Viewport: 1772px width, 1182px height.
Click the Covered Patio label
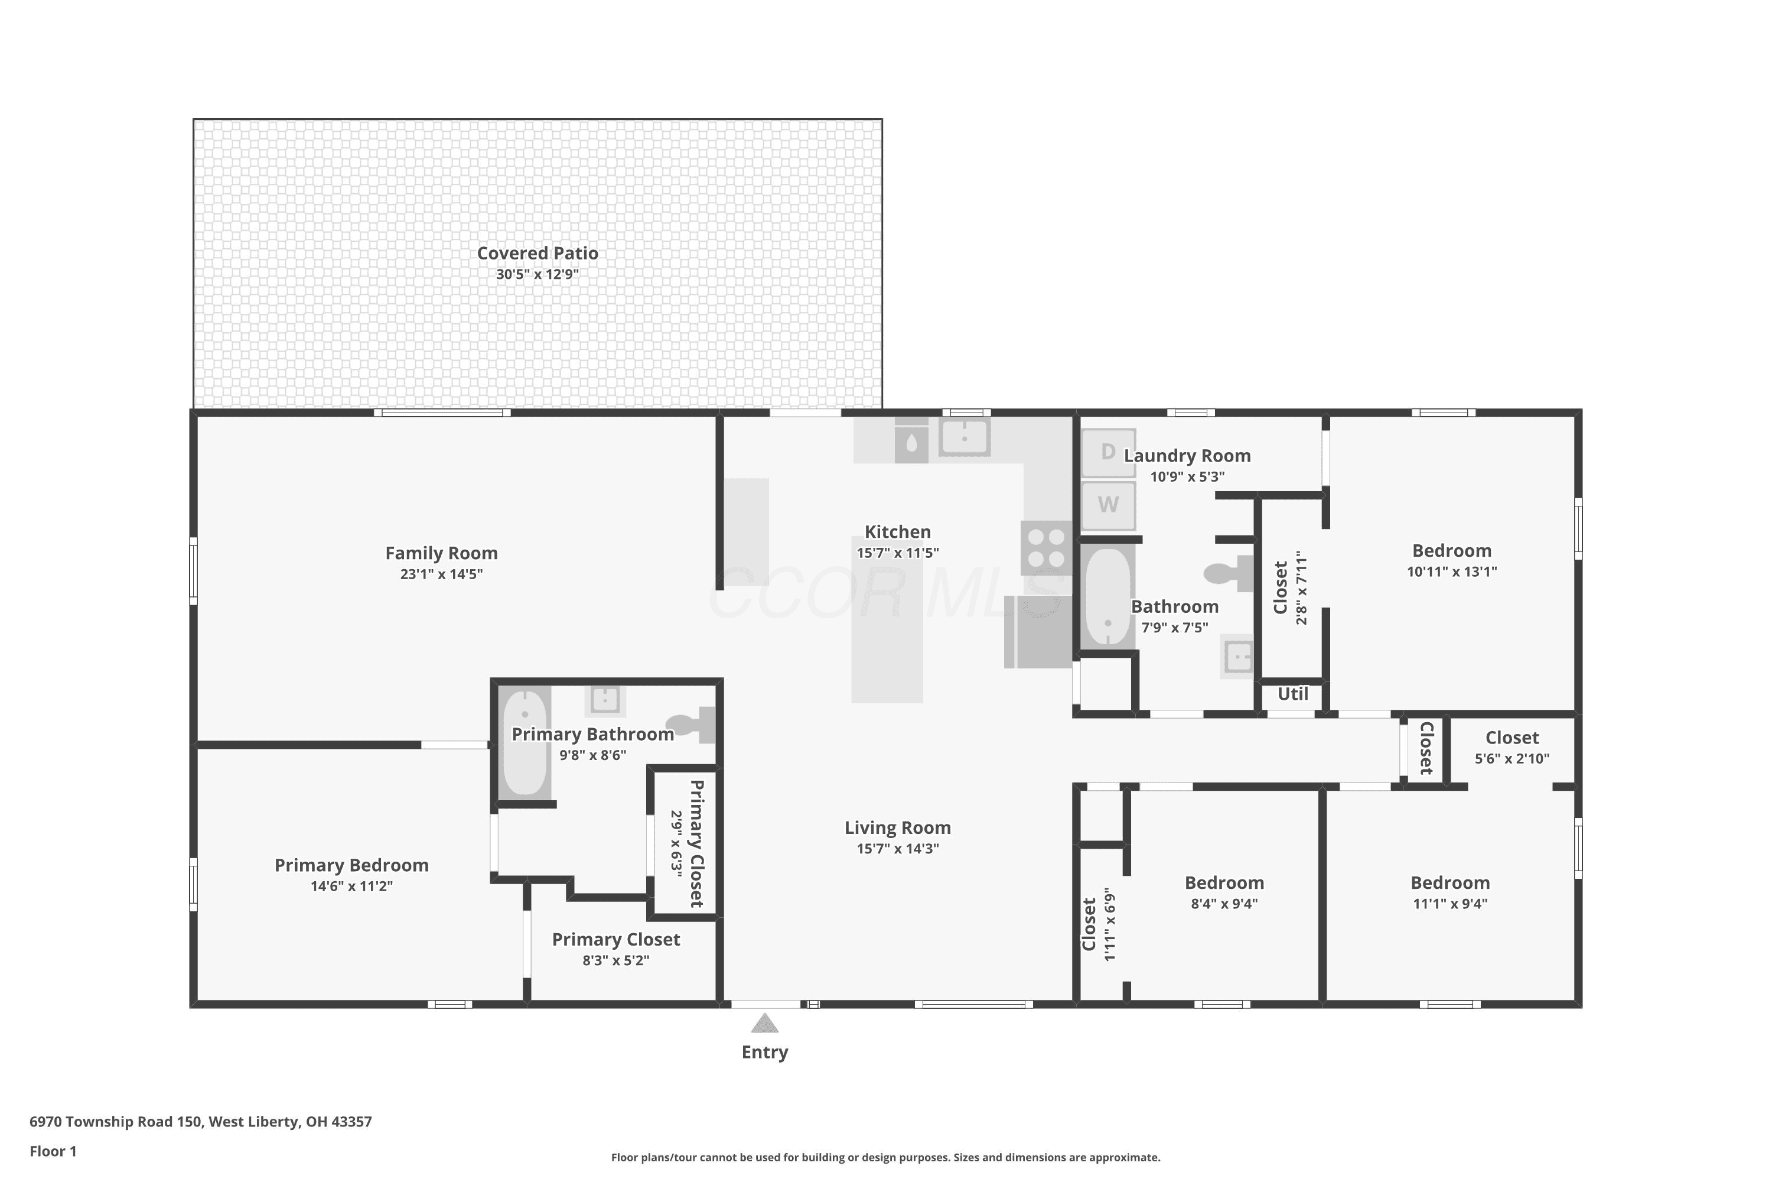tap(537, 254)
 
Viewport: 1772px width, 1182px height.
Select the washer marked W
tap(1108, 505)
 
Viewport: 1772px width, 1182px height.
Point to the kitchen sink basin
tap(965, 436)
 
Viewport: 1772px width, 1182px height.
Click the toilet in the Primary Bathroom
tap(691, 725)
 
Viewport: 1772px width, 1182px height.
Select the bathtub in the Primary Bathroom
tap(525, 742)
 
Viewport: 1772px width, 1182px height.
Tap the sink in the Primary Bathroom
tap(605, 700)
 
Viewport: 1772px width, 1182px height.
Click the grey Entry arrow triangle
tap(765, 1023)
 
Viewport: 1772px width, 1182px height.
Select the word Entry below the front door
tap(765, 1053)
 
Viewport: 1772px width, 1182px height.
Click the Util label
tap(1293, 693)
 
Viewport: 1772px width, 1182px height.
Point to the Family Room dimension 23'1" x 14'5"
tap(441, 574)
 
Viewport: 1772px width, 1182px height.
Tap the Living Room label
tap(897, 828)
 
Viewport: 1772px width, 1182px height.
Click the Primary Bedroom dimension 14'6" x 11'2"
tap(352, 886)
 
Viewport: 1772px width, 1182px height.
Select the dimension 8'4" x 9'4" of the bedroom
tap(1224, 903)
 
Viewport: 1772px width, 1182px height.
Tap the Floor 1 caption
tap(53, 1151)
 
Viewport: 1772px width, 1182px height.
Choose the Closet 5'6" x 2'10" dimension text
tap(1512, 758)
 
